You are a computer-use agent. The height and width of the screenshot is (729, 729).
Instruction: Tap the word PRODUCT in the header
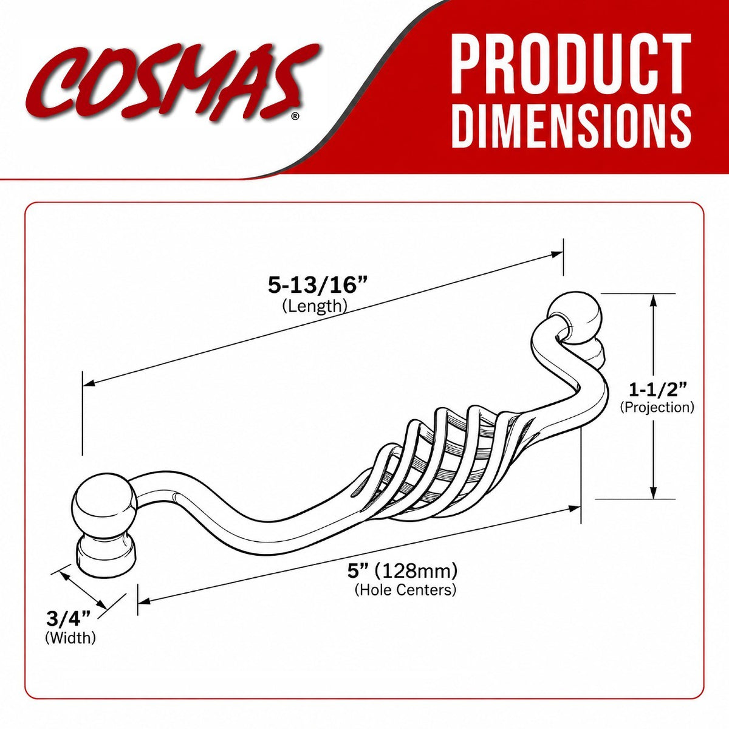coord(571,65)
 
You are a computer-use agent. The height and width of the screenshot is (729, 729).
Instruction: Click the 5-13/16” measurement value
coord(318,286)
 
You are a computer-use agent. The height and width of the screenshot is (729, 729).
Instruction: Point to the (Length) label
coord(315,306)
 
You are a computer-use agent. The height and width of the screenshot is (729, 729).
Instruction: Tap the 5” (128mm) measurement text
coord(403,581)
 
